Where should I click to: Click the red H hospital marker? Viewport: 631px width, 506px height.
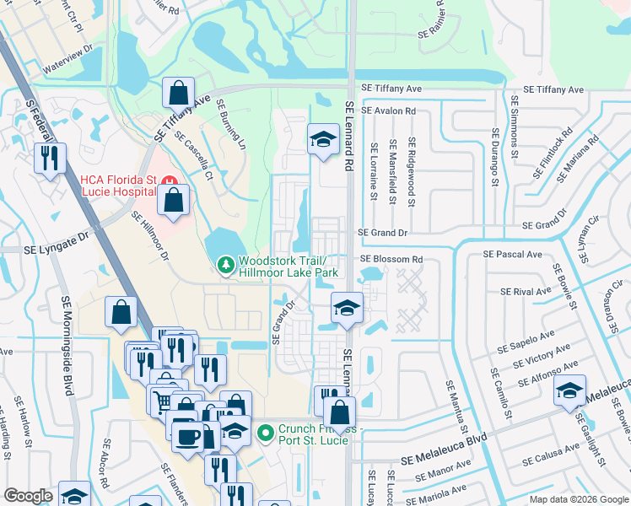tap(167, 181)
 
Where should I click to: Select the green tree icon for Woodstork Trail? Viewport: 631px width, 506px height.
tap(225, 266)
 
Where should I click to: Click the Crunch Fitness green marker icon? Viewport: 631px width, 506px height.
tap(267, 433)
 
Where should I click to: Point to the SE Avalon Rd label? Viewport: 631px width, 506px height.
tap(388, 110)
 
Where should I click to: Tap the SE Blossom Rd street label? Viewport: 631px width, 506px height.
tap(391, 260)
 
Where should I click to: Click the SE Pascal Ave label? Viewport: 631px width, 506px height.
tap(512, 254)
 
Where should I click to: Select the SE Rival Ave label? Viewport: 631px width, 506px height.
tap(525, 292)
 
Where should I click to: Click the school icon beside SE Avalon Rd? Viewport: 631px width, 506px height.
tap(321, 140)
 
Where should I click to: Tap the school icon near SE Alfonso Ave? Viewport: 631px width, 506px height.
tap(569, 390)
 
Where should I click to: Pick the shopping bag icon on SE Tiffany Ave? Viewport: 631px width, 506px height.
tap(179, 92)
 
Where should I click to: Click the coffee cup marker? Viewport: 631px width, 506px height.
tap(186, 436)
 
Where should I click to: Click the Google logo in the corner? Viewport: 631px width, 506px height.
tap(28, 496)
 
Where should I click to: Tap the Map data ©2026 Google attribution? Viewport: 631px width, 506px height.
tap(578, 499)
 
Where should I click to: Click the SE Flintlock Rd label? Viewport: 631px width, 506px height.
tap(553, 153)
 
